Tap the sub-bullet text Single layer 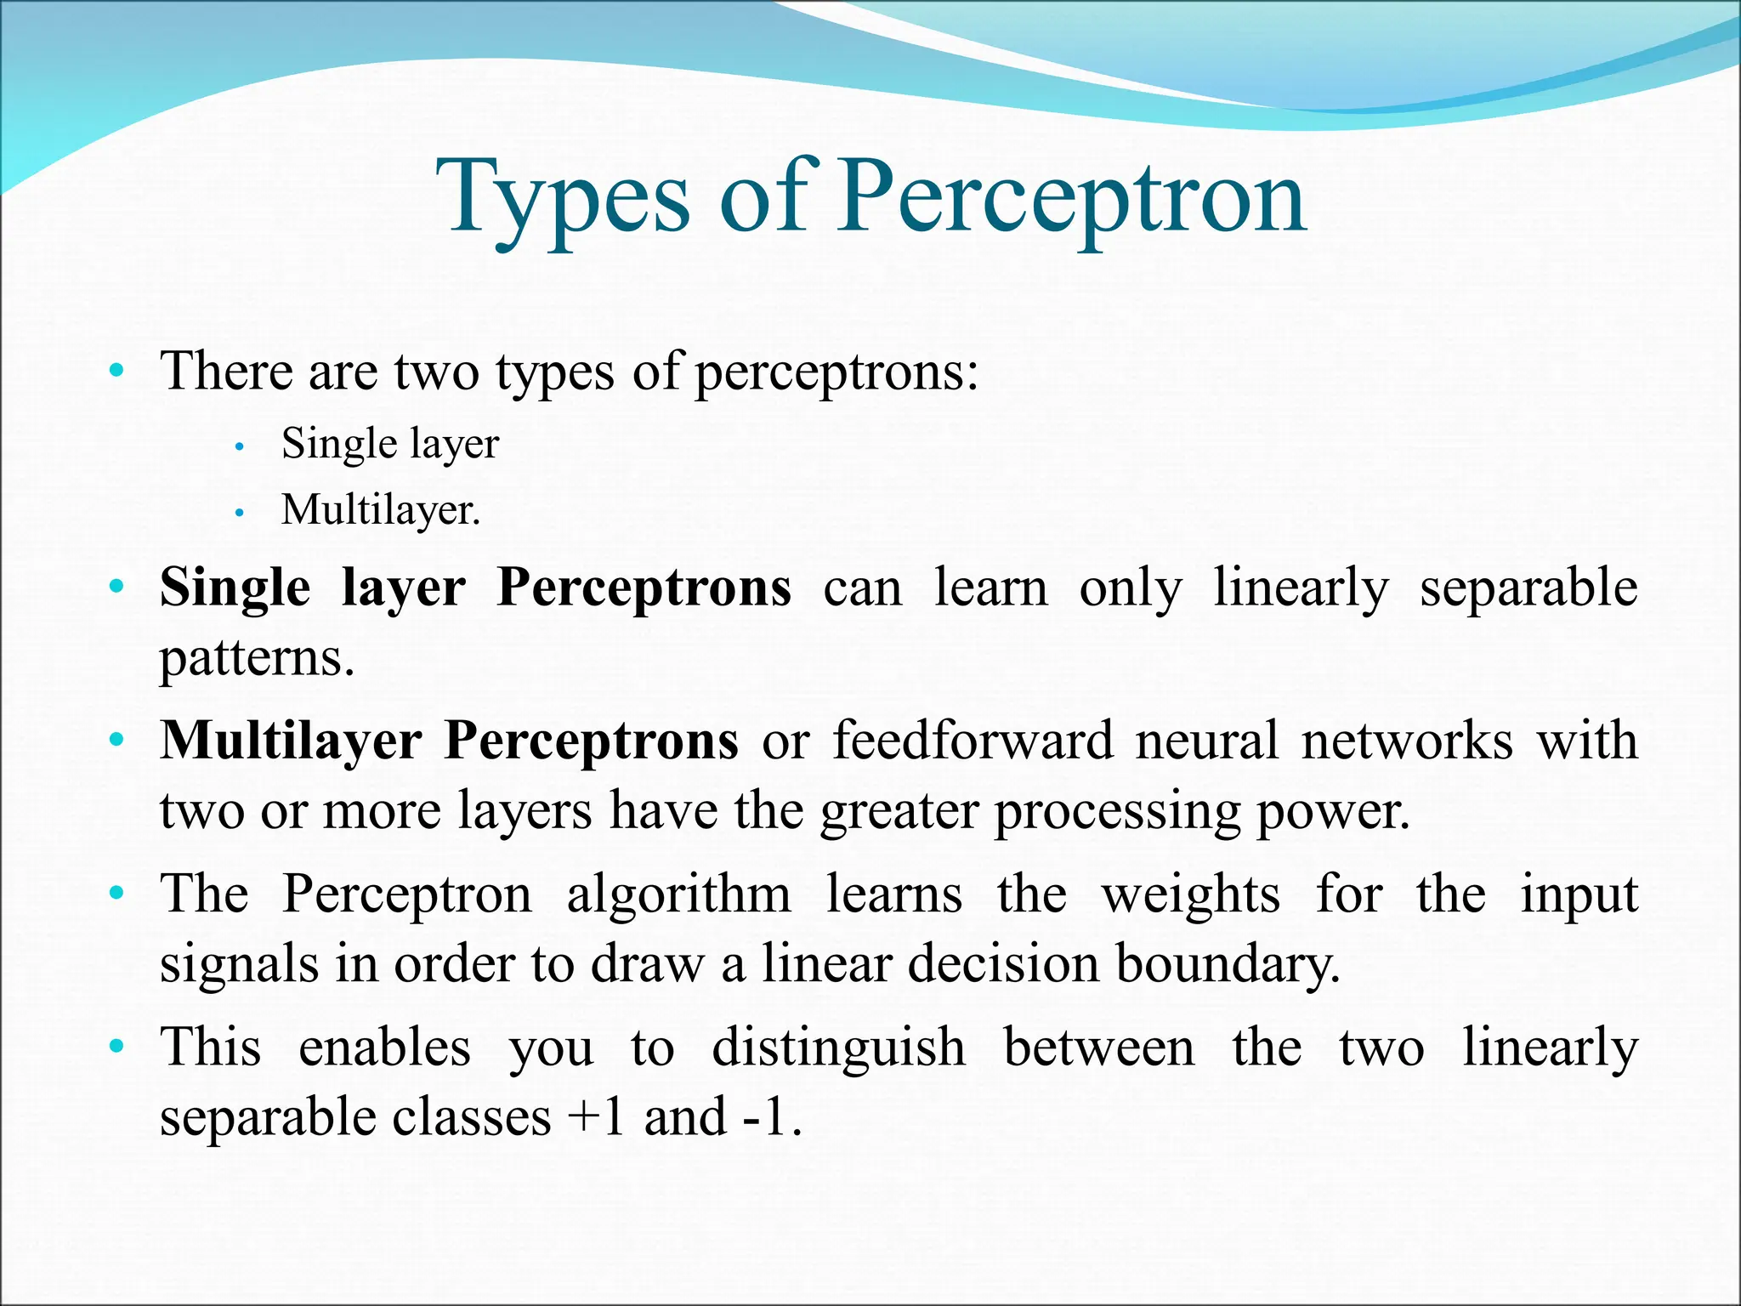pos(389,444)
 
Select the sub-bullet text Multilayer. pos(380,510)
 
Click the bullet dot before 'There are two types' pos(116,372)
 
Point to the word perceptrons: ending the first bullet pos(836,372)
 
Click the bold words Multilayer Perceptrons pos(449,740)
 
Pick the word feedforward pos(972,740)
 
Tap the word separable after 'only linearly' pos(1528,588)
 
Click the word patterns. pos(256,657)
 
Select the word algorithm pos(678,894)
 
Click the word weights pos(1190,894)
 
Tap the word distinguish pos(838,1048)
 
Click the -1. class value pos(772,1117)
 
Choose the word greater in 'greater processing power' pos(899,810)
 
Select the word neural pos(1206,740)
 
